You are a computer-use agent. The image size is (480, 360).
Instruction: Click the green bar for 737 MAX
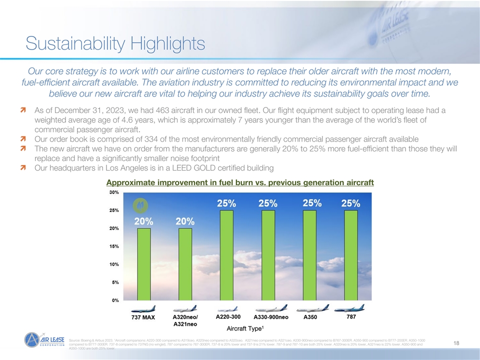coord(143,264)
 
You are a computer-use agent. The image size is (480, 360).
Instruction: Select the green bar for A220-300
coord(226,255)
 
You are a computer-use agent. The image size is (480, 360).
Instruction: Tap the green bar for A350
coord(309,255)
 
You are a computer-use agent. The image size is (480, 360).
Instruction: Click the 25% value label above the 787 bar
coord(350,203)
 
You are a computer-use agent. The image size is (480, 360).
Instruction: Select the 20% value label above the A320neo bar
coord(185,221)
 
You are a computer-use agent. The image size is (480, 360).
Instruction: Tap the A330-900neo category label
coord(270,317)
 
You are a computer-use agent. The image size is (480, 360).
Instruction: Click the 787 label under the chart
coord(351,316)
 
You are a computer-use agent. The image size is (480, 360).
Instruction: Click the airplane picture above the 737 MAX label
coord(143,308)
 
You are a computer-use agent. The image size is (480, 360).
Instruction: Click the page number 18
coord(456,343)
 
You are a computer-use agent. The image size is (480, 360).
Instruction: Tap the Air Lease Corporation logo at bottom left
coord(45,343)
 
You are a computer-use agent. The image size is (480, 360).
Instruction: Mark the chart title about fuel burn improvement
coord(240,182)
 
